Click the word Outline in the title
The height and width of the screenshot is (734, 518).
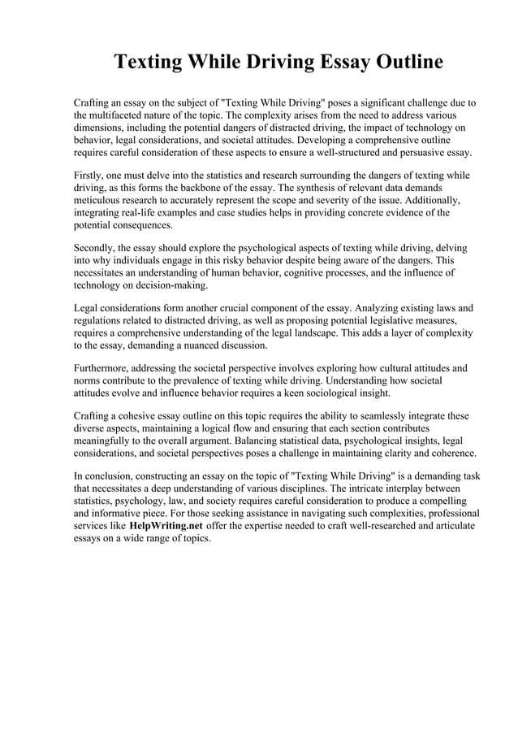pyautogui.click(x=401, y=63)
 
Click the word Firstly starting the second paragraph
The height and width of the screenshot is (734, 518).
pyautogui.click(x=90, y=176)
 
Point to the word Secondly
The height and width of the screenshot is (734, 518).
pyautogui.click(x=97, y=246)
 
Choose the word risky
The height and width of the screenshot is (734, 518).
pyautogui.click(x=230, y=261)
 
